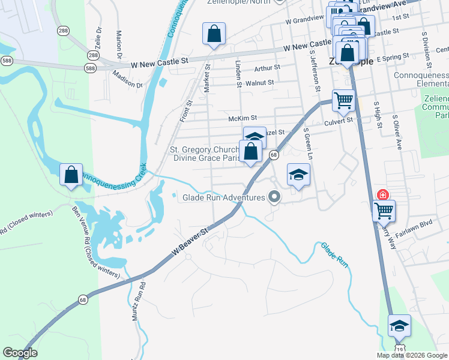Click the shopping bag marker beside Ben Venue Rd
pyautogui.click(x=71, y=175)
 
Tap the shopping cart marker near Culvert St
pyautogui.click(x=343, y=101)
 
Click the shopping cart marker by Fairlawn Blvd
pyautogui.click(x=384, y=211)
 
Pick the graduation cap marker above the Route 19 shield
pyautogui.click(x=399, y=326)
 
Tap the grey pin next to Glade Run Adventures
pyautogui.click(x=275, y=197)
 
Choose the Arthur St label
pyautogui.click(x=267, y=68)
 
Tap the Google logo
pyautogui.click(x=20, y=353)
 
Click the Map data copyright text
pyautogui.click(x=411, y=355)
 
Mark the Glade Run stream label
pyautogui.click(x=334, y=254)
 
